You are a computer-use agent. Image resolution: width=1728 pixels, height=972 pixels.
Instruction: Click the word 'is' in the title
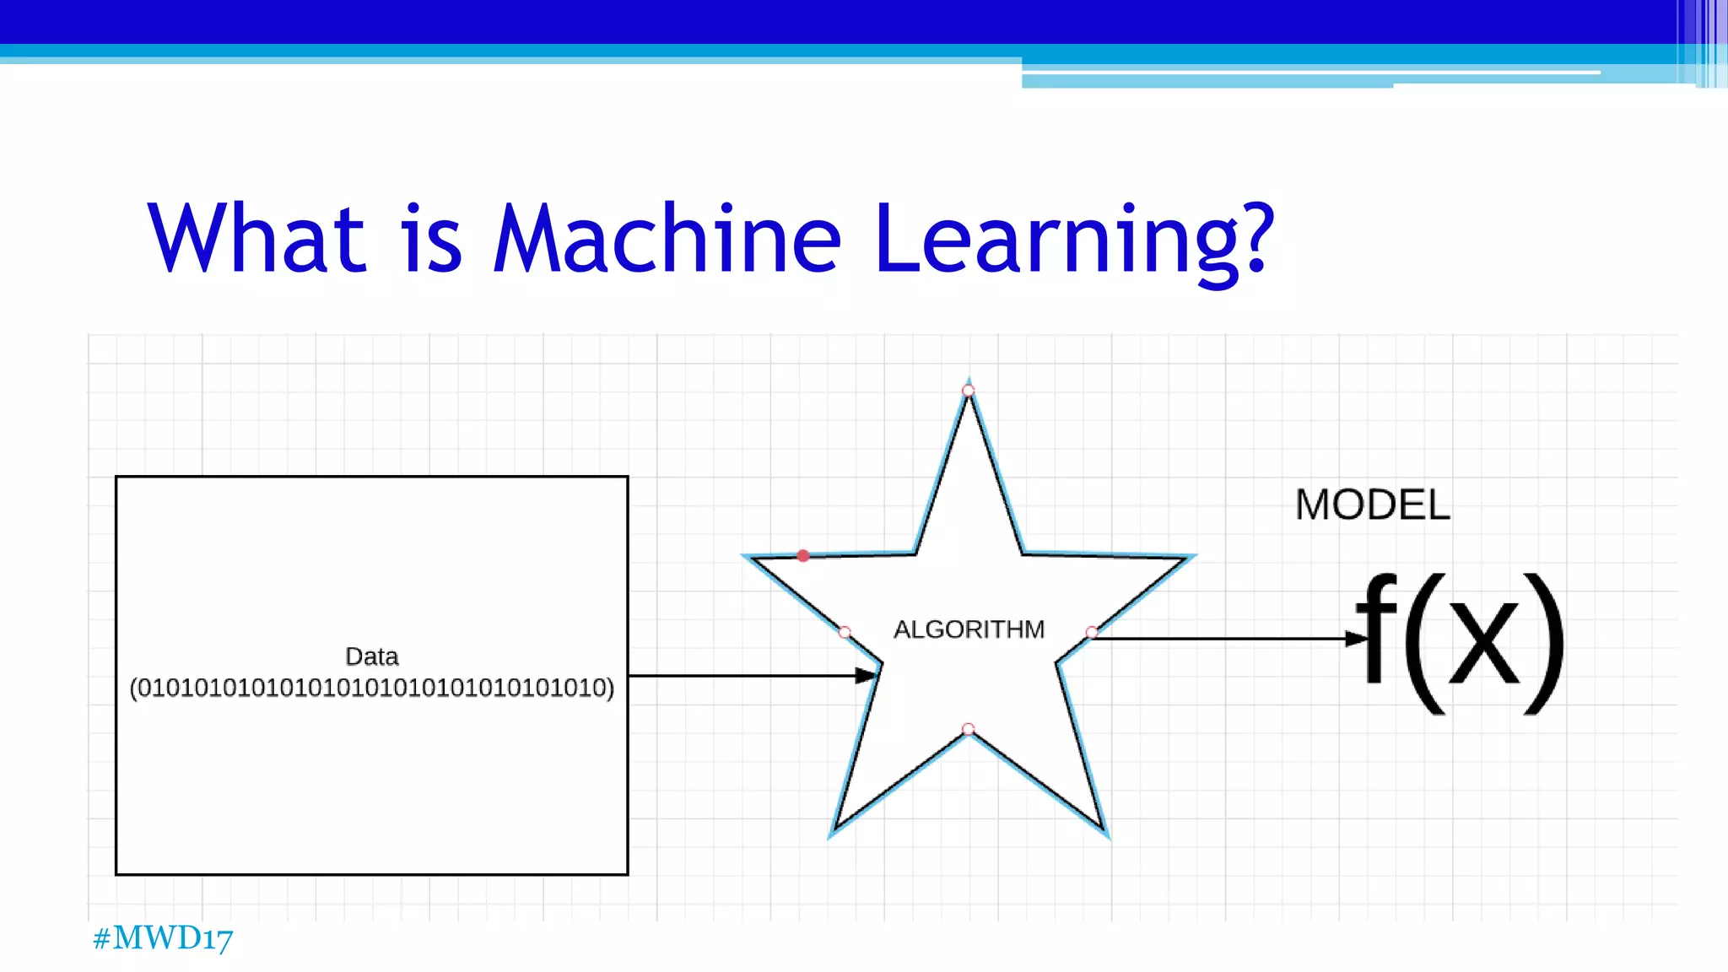433,240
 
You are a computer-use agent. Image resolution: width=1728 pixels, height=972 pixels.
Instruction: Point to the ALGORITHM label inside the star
969,629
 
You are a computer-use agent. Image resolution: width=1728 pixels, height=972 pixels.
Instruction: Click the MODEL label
1372,505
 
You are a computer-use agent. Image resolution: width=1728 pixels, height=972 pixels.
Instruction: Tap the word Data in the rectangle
371,656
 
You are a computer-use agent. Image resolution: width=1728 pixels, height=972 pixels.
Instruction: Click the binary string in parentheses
371,688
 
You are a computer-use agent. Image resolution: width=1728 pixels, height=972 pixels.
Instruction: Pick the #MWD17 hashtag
163,938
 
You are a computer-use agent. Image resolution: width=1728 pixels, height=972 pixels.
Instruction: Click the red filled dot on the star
803,555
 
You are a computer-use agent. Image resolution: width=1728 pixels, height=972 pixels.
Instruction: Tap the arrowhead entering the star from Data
867,675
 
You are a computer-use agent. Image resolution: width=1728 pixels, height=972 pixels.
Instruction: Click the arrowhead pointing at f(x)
1356,639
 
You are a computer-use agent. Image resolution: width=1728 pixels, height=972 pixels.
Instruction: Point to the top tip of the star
969,384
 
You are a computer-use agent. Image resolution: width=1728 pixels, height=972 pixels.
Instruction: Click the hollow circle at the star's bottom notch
969,729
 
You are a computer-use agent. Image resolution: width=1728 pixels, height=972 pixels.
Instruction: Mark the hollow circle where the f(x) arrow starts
1092,632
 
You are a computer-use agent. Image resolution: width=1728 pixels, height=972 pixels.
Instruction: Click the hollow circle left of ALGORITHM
845,632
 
